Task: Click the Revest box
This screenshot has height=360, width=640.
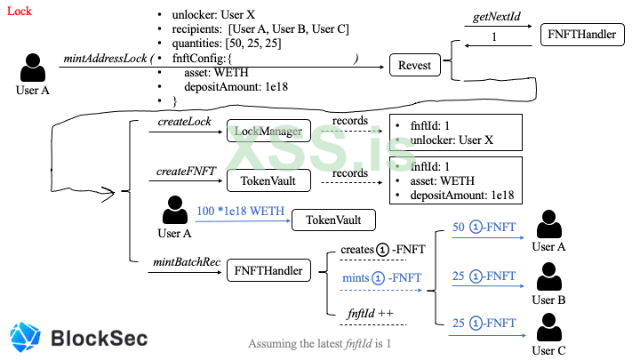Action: tap(414, 65)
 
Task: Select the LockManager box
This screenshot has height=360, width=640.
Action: tap(268, 132)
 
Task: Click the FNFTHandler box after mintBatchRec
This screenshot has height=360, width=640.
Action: tap(268, 268)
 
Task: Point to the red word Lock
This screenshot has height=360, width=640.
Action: tap(19, 12)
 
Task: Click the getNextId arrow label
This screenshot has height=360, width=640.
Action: tap(492, 18)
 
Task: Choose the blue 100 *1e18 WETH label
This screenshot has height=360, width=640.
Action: tap(240, 212)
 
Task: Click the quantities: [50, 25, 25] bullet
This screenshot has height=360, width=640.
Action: tap(229, 44)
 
